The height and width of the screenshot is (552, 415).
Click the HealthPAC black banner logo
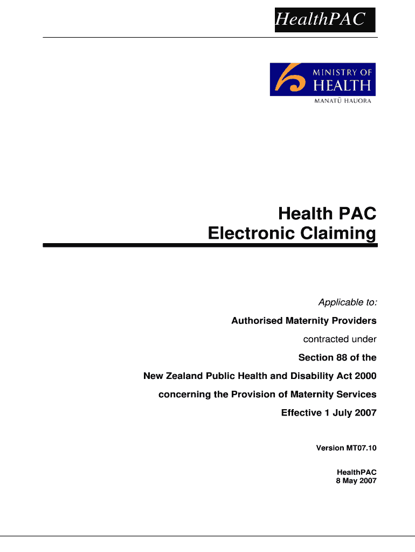325,20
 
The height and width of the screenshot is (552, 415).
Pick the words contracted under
340,339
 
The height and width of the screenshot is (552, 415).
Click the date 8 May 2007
356,480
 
